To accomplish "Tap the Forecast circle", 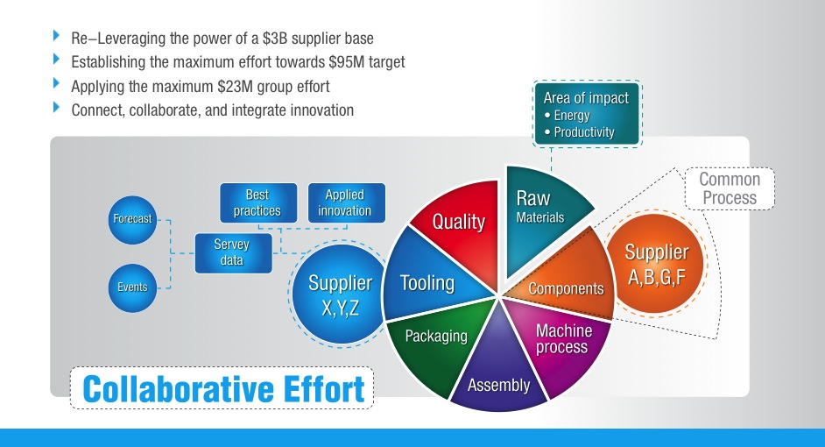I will click(x=131, y=218).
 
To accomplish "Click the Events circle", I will click(x=131, y=287).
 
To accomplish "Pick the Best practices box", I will click(x=257, y=202).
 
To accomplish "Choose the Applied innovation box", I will click(x=344, y=202).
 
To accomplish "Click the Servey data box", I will click(x=231, y=252).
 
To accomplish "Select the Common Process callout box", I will click(x=730, y=188).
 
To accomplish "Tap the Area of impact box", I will click(x=585, y=114).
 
